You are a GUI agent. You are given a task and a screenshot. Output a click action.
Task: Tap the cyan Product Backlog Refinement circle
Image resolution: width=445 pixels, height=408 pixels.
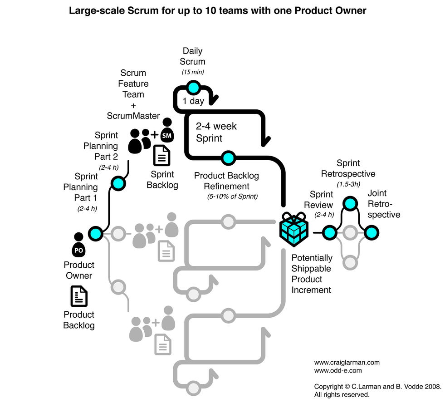tap(228, 158)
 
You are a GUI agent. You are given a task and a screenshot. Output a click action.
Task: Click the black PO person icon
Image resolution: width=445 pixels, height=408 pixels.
tap(78, 246)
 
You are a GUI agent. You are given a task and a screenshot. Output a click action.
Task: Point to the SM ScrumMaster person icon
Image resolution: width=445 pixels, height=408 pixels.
tap(167, 131)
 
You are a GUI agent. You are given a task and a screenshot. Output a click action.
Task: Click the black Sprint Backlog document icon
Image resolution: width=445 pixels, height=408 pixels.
tap(161, 156)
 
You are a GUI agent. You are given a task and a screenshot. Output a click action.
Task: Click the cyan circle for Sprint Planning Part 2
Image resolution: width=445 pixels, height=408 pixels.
tap(118, 183)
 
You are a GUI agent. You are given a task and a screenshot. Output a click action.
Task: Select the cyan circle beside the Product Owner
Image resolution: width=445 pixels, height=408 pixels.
tap(96, 233)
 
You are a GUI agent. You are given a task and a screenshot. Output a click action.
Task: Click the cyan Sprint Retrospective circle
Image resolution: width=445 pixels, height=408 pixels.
tap(349, 203)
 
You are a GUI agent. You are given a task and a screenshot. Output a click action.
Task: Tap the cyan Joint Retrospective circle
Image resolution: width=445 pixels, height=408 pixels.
tap(371, 233)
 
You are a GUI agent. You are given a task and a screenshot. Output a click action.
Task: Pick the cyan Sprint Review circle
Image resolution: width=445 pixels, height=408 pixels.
tap(329, 233)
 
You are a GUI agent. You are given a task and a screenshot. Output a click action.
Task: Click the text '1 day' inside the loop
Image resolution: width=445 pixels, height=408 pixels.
tap(193, 101)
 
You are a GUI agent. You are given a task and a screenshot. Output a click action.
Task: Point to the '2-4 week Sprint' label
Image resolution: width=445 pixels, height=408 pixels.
tap(216, 132)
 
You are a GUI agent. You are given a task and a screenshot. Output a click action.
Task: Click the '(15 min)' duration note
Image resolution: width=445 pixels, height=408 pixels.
tap(193, 72)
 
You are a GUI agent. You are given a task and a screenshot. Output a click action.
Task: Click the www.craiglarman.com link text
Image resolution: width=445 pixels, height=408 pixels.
tap(347, 362)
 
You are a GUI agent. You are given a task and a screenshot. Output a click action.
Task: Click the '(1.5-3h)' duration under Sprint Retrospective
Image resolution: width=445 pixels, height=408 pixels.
tap(348, 184)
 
